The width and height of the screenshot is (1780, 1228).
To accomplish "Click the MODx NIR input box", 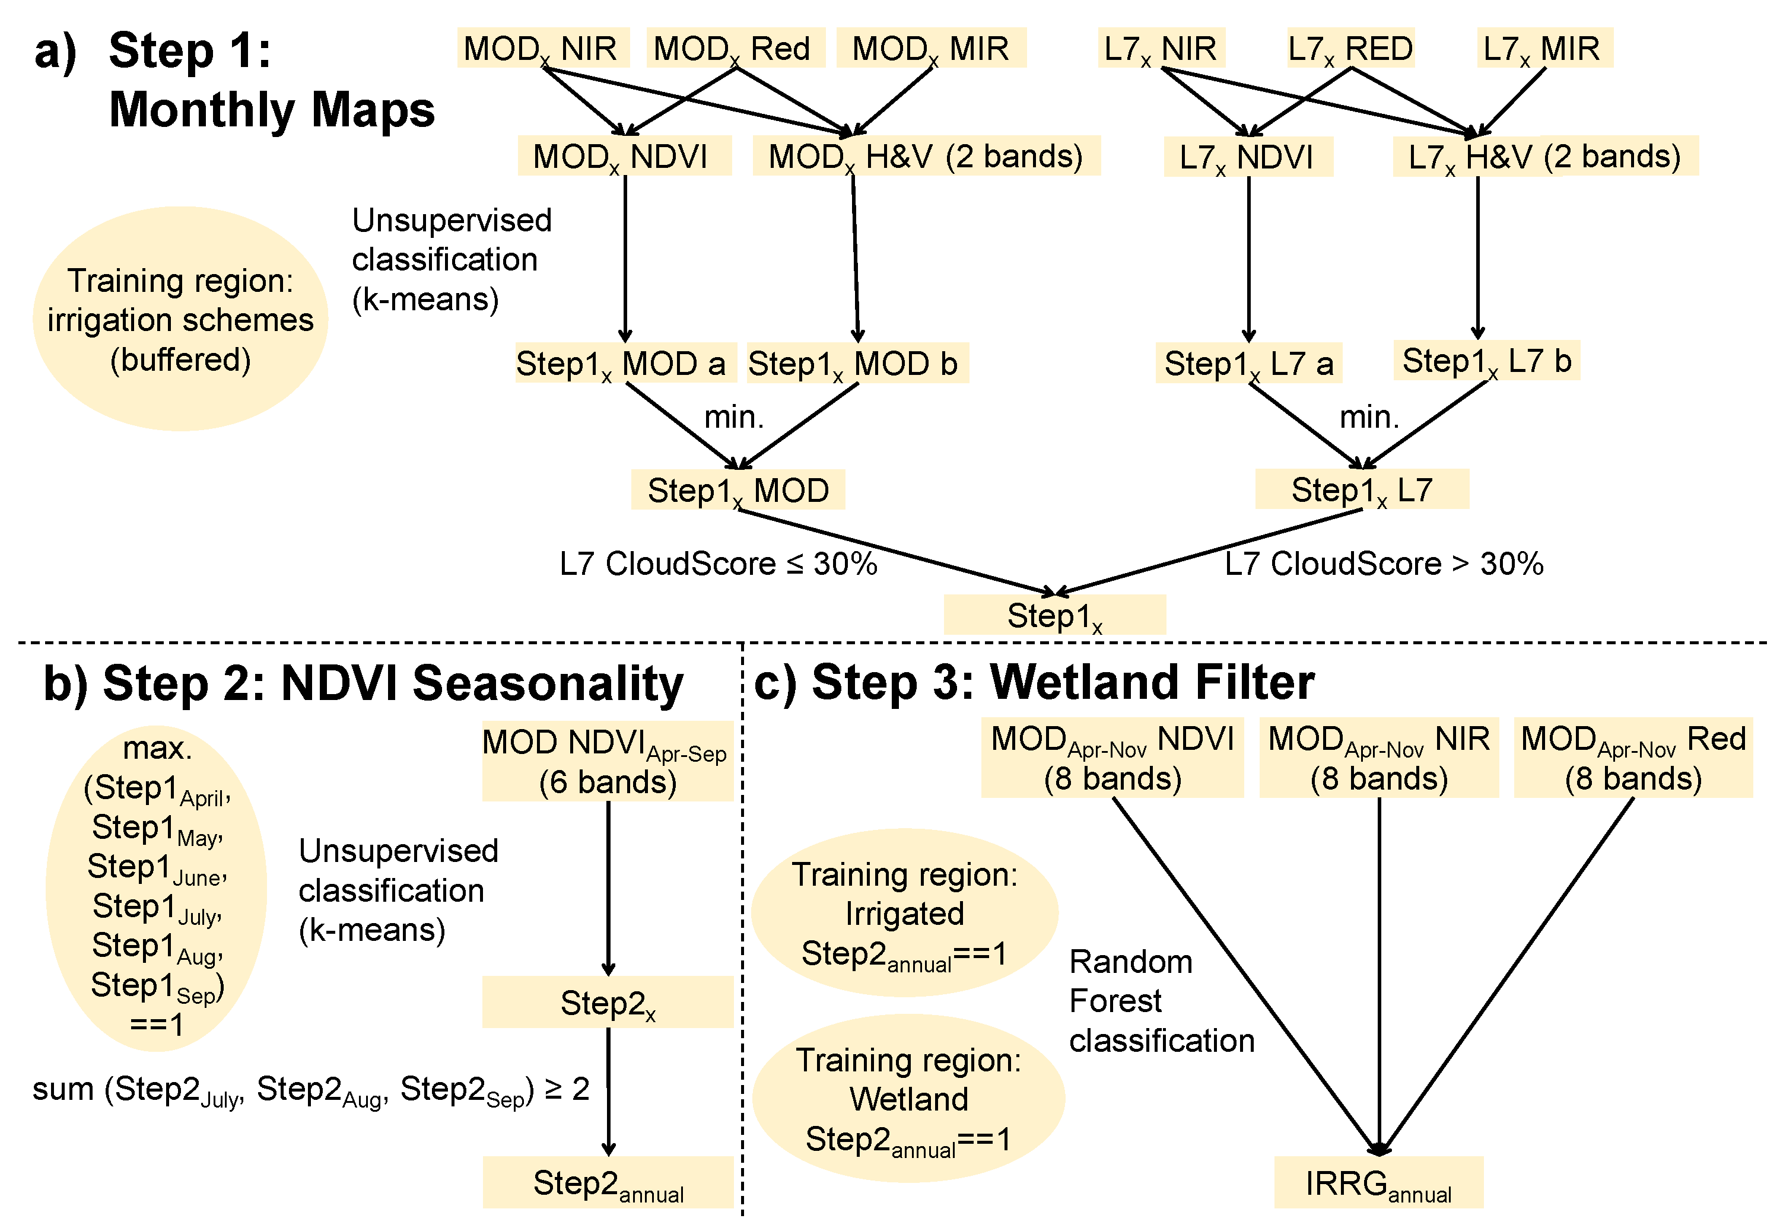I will pos(542,47).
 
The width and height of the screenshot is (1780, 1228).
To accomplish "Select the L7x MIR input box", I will pos(1544,47).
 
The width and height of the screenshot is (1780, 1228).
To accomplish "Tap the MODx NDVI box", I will pos(624,156).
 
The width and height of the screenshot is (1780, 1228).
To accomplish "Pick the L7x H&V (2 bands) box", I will pos(1544,156).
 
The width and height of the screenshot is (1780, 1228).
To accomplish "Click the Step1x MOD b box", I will pos(857,363).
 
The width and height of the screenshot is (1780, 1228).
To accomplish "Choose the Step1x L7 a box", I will pos(1248,363).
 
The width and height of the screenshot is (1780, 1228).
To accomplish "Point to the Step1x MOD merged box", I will pos(738,490).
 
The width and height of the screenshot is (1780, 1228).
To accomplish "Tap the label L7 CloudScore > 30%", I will pos(1383,564).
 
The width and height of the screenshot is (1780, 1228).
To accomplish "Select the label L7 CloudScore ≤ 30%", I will pos(718,564).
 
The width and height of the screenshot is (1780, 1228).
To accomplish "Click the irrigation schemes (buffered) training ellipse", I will pos(180,319).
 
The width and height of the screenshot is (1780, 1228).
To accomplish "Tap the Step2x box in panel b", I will pos(607,1003).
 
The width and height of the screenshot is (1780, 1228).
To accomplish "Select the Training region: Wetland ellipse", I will pos(908,1099).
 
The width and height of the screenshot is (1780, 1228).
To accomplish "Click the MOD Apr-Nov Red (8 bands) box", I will pos(1632,758).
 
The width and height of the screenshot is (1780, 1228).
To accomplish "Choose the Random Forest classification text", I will pos(1161,1001).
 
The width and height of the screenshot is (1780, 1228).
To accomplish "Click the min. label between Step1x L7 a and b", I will pos(1369,417).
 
